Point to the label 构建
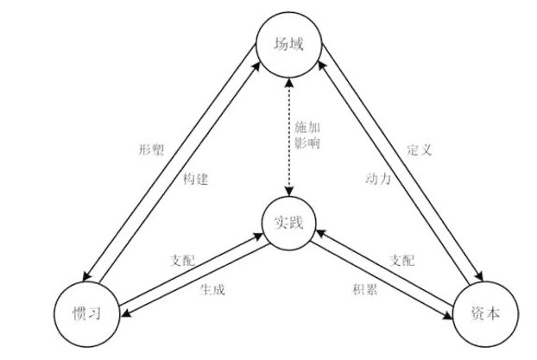click(196, 179)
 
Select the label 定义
click(419, 149)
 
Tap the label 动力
click(378, 179)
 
